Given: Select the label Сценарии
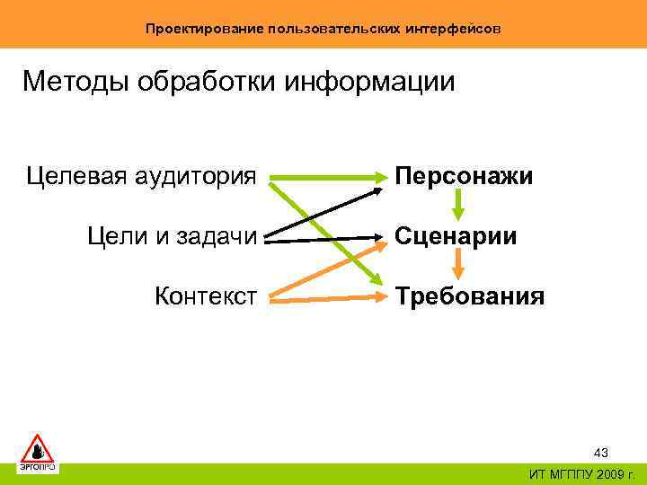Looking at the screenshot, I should tap(455, 236).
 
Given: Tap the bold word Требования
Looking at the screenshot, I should tap(469, 295).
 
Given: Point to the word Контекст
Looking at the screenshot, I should tap(207, 295).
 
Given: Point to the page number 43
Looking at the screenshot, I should tap(601, 454).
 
